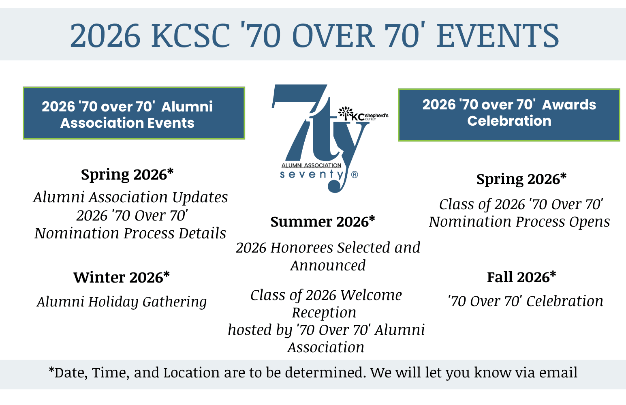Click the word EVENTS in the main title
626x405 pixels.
pos(498,36)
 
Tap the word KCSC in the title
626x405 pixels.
pos(190,36)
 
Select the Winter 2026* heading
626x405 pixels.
pos(122,277)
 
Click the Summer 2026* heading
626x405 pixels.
pos(323,221)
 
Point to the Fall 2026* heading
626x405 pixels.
pos(521,277)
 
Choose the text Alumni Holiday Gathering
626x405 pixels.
pos(122,302)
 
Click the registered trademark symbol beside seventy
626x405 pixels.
pos(355,175)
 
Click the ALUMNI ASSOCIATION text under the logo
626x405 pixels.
pos(311,165)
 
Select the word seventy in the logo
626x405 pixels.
pos(312,175)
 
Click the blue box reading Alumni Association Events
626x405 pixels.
pos(134,113)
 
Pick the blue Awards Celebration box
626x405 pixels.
pos(509,115)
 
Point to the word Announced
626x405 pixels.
pos(328,265)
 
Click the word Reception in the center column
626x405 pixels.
pos(324,313)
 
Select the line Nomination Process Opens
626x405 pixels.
pos(519,222)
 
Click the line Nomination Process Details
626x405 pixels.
pos(130,233)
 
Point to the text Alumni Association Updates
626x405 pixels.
pos(130,197)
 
